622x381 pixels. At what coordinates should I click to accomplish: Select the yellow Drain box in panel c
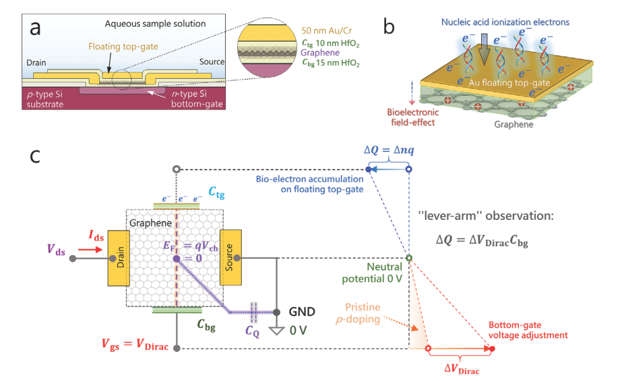point(118,257)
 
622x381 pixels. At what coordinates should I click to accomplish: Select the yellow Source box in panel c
point(231,257)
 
